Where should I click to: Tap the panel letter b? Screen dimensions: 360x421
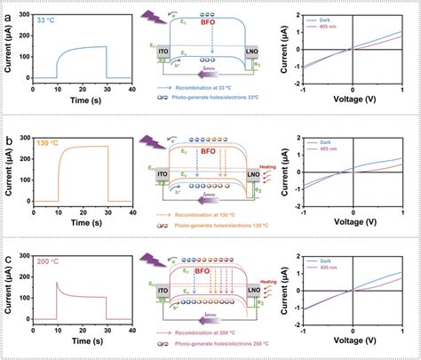click(x=6, y=138)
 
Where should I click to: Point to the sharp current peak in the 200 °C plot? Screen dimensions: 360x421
click(x=58, y=283)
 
